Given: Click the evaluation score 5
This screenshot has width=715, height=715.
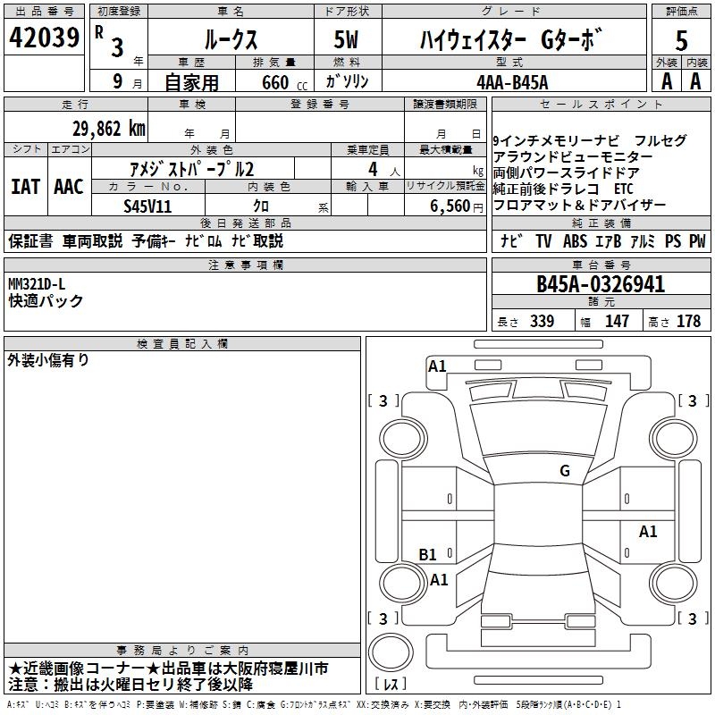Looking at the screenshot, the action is pyautogui.click(x=681, y=39).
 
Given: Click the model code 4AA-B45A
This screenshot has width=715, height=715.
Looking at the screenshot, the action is pyautogui.click(x=512, y=82).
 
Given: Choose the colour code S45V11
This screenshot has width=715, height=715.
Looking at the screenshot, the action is pyautogui.click(x=149, y=205).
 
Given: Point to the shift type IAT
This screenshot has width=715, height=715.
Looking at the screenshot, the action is pyautogui.click(x=25, y=187).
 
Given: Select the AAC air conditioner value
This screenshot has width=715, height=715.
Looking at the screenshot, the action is pyautogui.click(x=69, y=187).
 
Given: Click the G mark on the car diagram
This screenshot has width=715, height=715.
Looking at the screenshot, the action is pyautogui.click(x=564, y=471).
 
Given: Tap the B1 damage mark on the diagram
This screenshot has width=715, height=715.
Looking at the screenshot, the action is pyautogui.click(x=428, y=554).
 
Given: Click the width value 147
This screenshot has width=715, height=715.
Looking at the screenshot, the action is pyautogui.click(x=617, y=321).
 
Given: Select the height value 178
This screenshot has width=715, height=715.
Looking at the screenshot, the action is pyautogui.click(x=688, y=321).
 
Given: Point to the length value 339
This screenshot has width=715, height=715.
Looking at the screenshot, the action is pyautogui.click(x=542, y=321).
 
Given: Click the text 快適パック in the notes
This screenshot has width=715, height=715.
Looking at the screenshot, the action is pyautogui.click(x=46, y=301).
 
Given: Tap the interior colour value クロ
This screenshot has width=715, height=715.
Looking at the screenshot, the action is pyautogui.click(x=262, y=205).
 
